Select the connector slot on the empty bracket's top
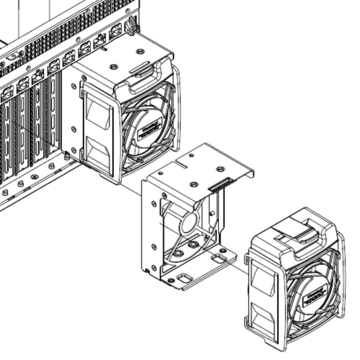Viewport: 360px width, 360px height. (x=220, y=183)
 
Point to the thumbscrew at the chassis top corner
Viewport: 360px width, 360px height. (x=131, y=25)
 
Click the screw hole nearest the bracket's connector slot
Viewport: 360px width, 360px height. (x=194, y=184)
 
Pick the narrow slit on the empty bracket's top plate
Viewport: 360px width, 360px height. (x=180, y=166)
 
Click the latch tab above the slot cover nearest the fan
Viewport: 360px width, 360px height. (x=54, y=66)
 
